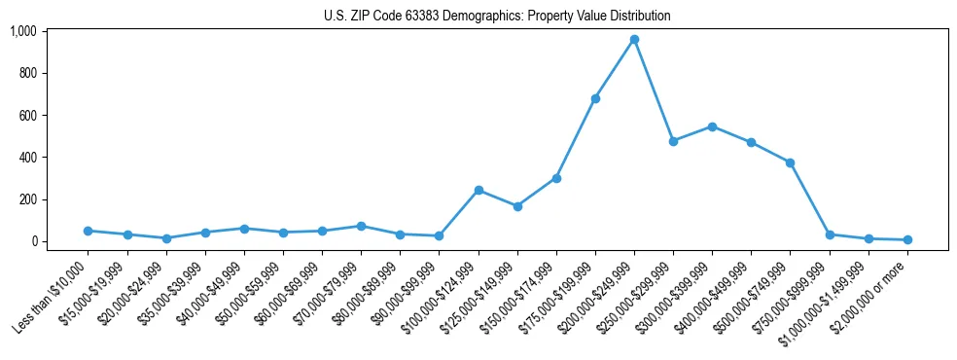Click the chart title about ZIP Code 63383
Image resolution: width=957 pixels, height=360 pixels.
497,16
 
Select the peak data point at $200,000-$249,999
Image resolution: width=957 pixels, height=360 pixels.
634,40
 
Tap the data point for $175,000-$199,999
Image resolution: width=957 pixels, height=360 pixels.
595,98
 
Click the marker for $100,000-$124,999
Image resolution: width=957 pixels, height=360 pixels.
478,190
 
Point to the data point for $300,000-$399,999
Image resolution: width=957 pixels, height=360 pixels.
712,126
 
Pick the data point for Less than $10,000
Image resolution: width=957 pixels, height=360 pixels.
89,231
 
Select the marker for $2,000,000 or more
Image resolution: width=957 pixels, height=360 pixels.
907,239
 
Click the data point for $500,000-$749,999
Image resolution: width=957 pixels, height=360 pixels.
791,162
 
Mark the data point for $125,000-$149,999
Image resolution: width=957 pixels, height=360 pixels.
517,206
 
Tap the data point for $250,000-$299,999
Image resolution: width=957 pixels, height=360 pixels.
673,141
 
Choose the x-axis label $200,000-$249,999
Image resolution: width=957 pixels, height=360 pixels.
598,298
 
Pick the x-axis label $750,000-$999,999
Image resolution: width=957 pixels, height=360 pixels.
793,298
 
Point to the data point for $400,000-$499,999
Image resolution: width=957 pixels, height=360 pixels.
751,142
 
